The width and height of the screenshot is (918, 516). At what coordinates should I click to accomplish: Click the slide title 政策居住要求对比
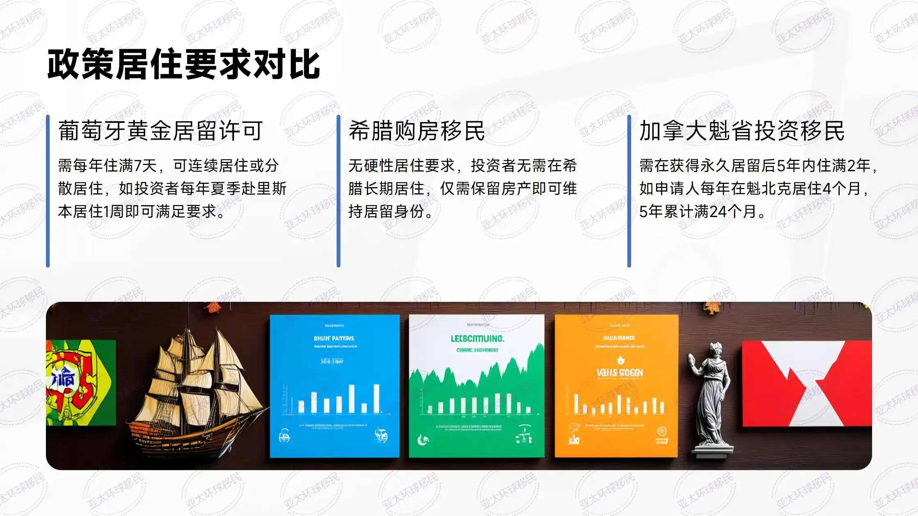click(183, 65)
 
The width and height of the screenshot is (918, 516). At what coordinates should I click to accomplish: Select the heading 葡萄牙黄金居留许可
click(160, 131)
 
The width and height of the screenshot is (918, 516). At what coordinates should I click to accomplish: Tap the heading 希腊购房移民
click(416, 131)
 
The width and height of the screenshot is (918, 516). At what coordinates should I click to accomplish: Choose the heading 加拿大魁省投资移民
click(742, 131)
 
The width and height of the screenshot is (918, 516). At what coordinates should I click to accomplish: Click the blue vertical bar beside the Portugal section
click(48, 191)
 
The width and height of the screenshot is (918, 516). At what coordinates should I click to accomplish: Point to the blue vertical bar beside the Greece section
click(339, 191)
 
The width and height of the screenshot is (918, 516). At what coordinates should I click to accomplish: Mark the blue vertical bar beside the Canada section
click(629, 191)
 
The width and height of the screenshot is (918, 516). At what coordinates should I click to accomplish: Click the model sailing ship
click(193, 389)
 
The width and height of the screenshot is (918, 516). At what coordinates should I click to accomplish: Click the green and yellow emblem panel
click(80, 383)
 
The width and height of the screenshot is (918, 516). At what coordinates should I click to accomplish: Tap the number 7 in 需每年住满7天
click(138, 166)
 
